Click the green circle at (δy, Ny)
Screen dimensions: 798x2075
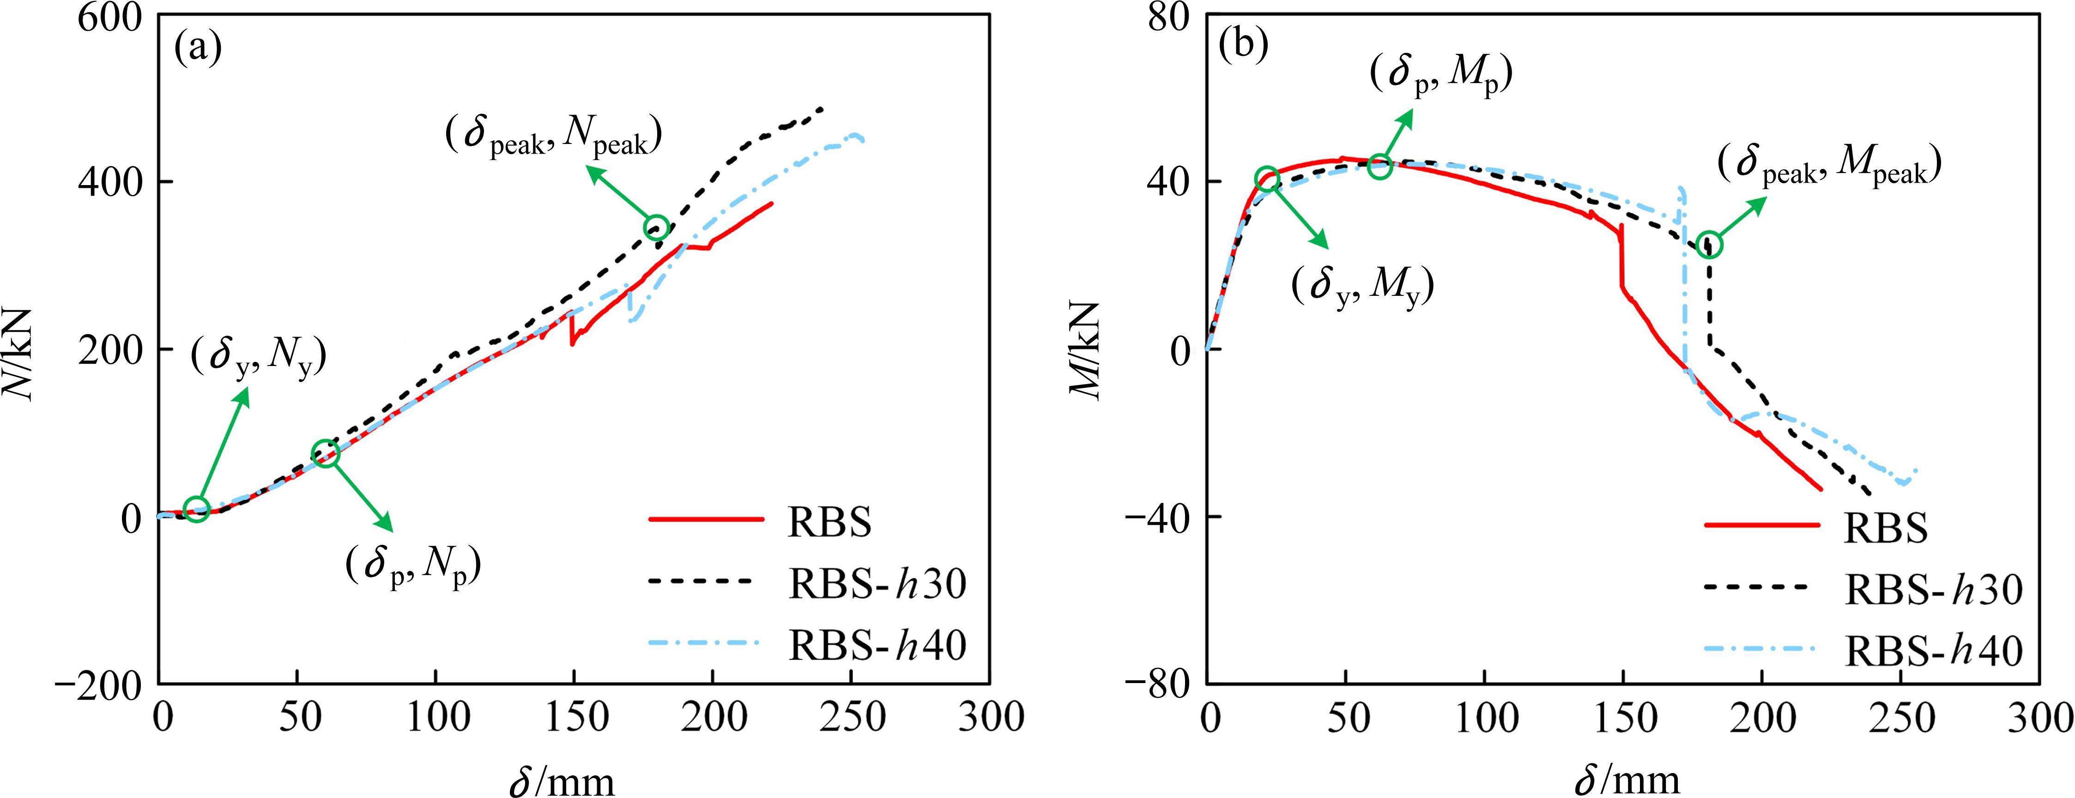[x=197, y=509]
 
